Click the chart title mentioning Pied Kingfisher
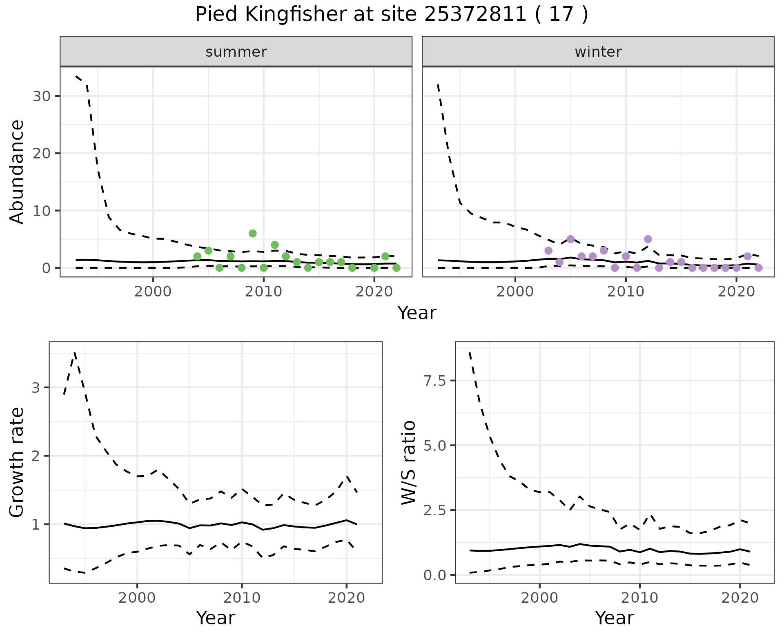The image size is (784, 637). click(392, 15)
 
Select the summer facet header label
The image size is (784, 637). click(236, 52)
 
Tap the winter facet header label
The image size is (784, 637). click(598, 52)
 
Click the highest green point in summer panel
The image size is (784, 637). click(252, 234)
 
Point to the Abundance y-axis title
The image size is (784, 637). click(17, 171)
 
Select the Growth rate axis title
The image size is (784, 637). click(17, 462)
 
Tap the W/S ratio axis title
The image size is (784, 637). click(408, 462)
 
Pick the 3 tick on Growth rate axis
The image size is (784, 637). click(36, 388)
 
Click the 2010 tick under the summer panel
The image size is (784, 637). click(263, 292)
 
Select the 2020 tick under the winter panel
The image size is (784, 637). click(736, 292)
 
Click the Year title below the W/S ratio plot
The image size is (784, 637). click(614, 618)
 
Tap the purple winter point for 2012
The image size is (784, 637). click(648, 239)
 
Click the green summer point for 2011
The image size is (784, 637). click(275, 245)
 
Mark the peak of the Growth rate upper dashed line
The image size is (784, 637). click(75, 352)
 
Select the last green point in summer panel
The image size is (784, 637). click(396, 268)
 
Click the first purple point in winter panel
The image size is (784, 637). click(548, 251)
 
